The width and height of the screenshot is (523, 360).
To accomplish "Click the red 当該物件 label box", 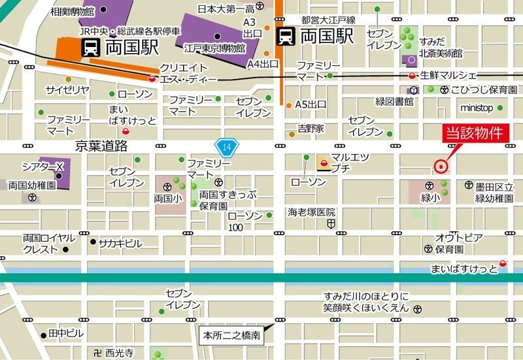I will [473, 133].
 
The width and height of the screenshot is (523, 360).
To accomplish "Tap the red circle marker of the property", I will [441, 166].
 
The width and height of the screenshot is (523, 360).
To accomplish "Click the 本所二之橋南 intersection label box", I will [231, 336].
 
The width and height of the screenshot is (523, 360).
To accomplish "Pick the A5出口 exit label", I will [310, 105].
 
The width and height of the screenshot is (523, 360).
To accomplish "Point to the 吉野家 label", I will [311, 128].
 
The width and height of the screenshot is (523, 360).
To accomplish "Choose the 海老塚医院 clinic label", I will [312, 212].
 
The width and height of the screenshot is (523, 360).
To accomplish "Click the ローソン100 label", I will [245, 221].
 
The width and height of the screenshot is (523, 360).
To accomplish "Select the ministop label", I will [477, 108].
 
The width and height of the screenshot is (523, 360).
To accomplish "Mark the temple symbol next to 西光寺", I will [97, 352].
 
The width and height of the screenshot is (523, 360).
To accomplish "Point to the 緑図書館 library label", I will [394, 102].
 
